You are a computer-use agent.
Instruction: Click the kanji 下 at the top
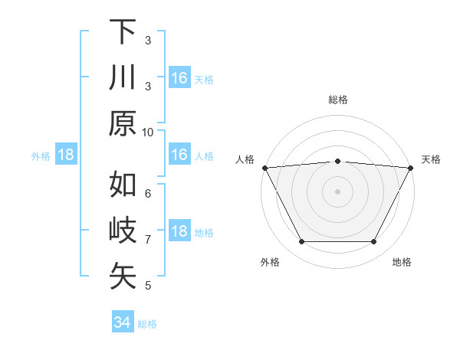tap(123, 32)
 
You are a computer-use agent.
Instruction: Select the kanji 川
tap(123, 78)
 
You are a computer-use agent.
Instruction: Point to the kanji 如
tap(123, 185)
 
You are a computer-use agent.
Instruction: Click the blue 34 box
tap(122, 322)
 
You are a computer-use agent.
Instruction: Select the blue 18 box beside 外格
tap(66, 155)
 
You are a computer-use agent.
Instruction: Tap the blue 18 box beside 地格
tap(179, 232)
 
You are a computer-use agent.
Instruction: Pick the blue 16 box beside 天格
tap(179, 78)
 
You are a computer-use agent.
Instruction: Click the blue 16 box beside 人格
tap(179, 155)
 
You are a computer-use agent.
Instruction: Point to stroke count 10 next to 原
tap(149, 132)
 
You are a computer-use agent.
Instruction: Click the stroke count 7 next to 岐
tap(148, 240)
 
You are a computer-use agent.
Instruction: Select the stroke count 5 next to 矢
tap(148, 286)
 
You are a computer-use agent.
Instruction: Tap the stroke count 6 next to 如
tap(148, 193)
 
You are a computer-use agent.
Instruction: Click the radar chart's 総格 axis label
tap(337, 100)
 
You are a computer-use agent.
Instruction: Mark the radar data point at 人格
tap(264, 167)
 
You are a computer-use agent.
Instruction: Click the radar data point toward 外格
tap(301, 242)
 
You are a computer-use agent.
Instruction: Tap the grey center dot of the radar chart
tap(337, 191)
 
